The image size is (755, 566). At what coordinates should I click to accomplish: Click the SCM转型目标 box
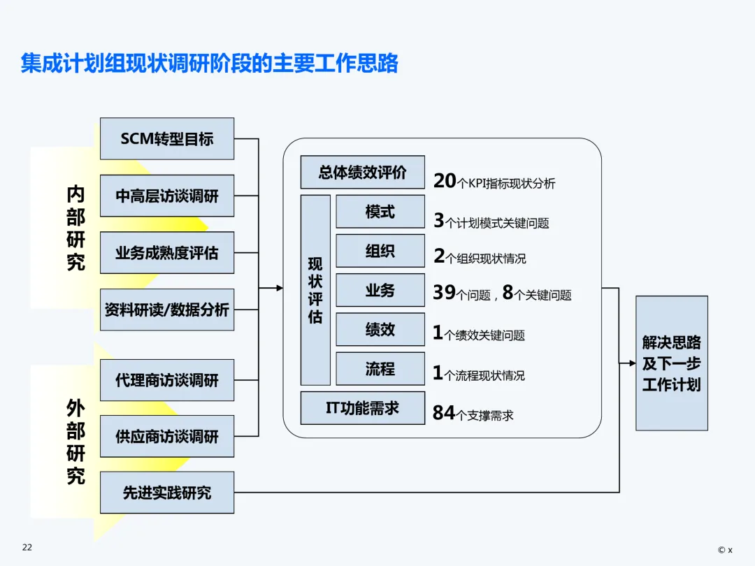(x=167, y=138)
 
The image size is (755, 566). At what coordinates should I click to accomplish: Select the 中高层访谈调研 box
(x=167, y=196)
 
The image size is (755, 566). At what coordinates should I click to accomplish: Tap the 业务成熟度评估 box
(x=167, y=252)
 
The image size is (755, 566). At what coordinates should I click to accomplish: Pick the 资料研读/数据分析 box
(x=167, y=310)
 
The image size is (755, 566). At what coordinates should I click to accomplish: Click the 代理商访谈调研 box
(x=167, y=380)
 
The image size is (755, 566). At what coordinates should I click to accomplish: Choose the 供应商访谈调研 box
(x=167, y=437)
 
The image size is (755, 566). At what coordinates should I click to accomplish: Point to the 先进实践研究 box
(x=167, y=493)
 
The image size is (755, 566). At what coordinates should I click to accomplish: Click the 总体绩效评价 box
(x=362, y=172)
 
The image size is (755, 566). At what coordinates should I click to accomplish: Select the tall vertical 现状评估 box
(x=315, y=290)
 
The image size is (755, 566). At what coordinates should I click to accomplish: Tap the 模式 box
(x=380, y=212)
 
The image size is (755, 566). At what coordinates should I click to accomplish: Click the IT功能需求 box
(x=362, y=408)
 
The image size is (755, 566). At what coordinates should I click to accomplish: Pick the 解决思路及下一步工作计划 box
(x=671, y=363)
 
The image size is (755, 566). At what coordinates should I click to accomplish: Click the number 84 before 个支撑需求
(x=444, y=414)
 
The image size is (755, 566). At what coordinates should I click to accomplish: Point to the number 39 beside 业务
(x=444, y=293)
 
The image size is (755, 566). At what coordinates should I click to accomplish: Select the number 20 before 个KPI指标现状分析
(x=445, y=181)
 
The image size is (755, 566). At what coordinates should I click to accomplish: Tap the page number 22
(x=27, y=547)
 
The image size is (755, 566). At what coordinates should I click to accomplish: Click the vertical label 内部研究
(x=75, y=228)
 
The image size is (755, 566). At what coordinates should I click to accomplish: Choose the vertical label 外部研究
(x=75, y=442)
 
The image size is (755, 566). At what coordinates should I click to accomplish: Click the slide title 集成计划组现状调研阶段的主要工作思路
(x=209, y=64)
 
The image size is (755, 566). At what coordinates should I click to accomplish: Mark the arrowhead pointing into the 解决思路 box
(x=631, y=363)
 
